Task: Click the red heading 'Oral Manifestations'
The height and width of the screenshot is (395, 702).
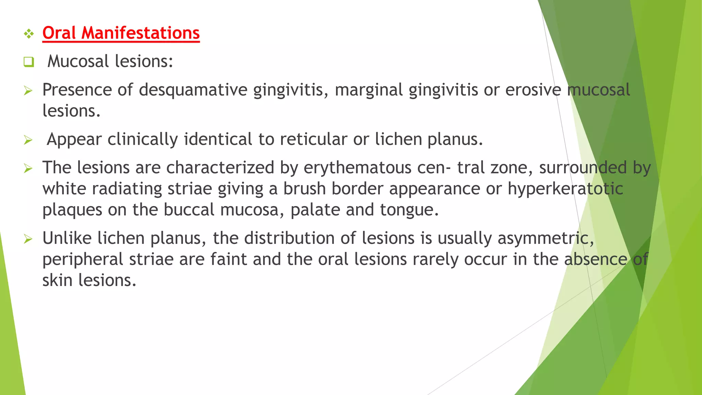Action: tap(121, 33)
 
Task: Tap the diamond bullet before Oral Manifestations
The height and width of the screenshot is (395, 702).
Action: tap(29, 34)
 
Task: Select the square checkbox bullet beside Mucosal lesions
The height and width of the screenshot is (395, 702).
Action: tap(29, 62)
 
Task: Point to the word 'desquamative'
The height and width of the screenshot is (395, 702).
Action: tap(193, 90)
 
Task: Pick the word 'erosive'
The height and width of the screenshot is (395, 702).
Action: tap(533, 90)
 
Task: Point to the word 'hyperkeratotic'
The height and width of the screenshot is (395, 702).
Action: tap(565, 189)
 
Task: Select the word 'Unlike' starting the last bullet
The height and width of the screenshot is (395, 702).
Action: tap(67, 238)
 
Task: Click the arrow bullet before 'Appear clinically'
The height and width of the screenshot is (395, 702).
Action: tap(28, 140)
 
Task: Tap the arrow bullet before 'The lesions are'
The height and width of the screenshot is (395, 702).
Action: tap(28, 168)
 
